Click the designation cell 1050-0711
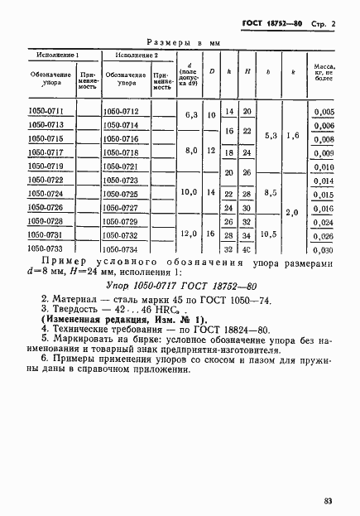tap(46, 110)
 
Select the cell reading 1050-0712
tap(121, 111)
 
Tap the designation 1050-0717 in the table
tap(46, 152)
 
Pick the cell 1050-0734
tap(121, 249)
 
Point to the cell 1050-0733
tap(46, 248)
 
